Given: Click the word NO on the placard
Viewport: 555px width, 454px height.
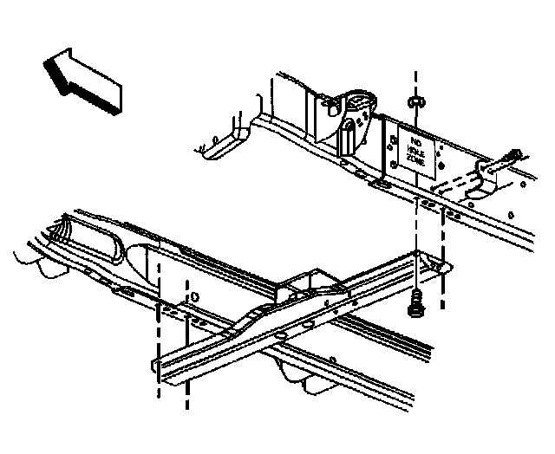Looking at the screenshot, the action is (415, 139).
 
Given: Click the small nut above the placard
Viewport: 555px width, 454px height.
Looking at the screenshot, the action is (417, 102).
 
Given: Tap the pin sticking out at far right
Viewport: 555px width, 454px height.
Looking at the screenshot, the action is (512, 158).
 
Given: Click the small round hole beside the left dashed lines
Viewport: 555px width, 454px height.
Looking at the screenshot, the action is (193, 295).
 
